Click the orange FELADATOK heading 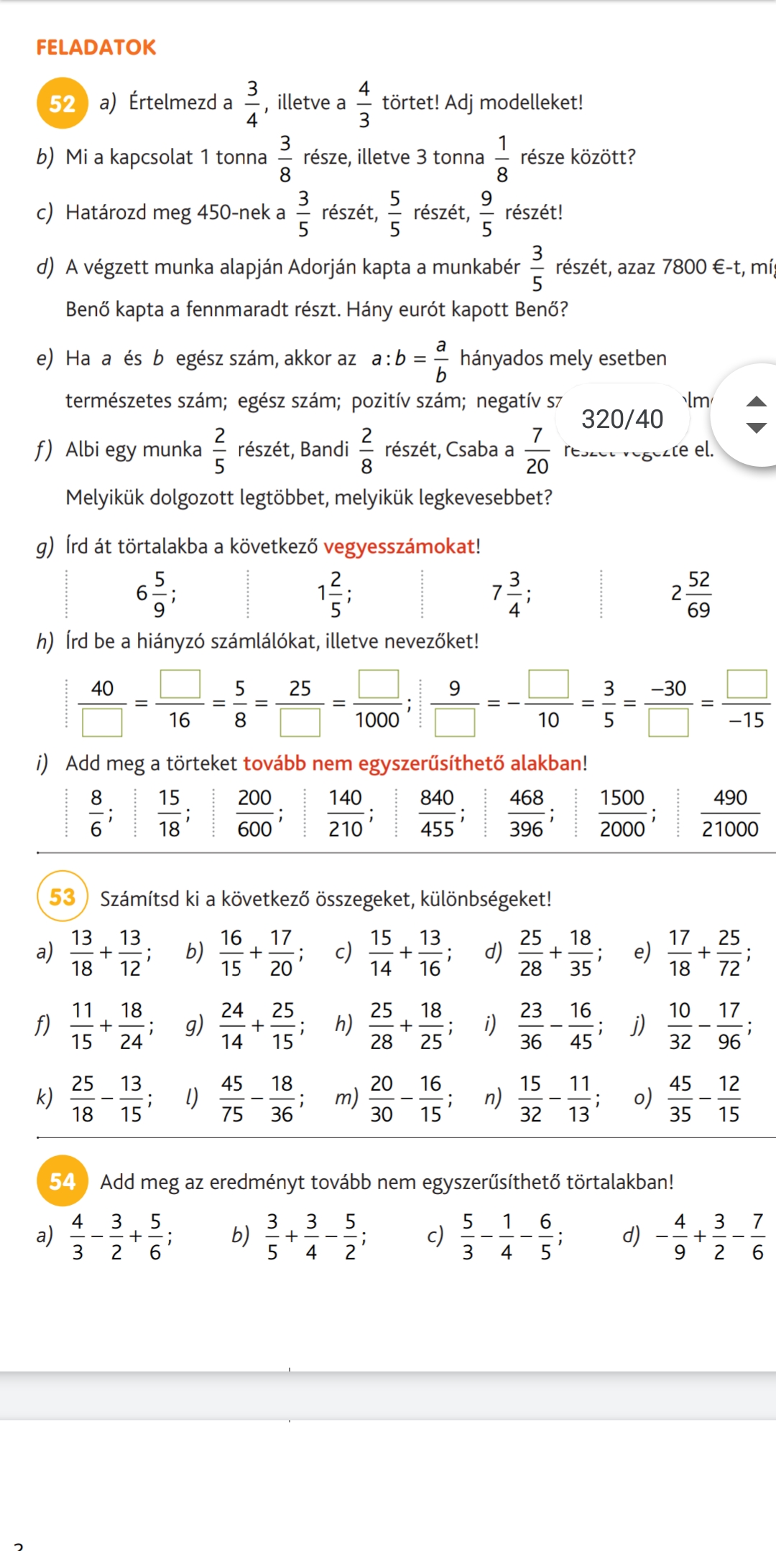(96, 47)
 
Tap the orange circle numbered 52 (62, 103)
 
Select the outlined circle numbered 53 (62, 896)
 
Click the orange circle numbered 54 (62, 1180)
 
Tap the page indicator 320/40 (622, 419)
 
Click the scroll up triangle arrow (757, 401)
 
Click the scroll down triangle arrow (757, 428)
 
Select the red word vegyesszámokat (399, 546)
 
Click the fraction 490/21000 (730, 814)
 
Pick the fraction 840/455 (437, 814)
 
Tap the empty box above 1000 (379, 684)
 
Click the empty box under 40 (102, 722)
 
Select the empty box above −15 (747, 684)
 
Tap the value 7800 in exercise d (684, 267)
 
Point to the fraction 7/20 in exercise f (537, 451)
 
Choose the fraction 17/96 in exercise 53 (729, 1026)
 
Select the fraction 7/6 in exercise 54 (757, 1236)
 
